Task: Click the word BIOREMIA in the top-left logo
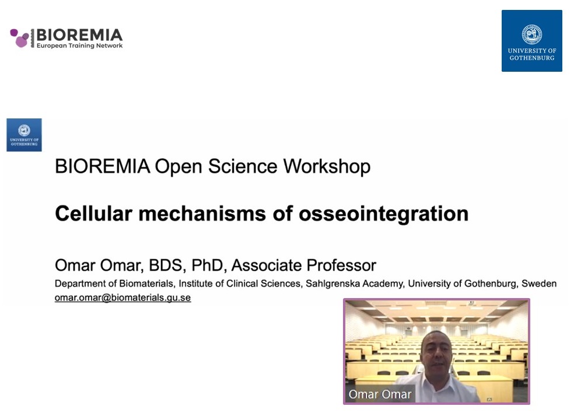(x=79, y=35)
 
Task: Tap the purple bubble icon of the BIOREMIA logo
(x=19, y=38)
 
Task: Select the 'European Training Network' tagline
(x=79, y=45)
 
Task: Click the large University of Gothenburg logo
(x=531, y=41)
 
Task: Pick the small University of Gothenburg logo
(x=24, y=135)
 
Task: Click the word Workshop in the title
(x=327, y=166)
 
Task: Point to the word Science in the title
(x=243, y=166)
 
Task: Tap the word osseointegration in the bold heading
(x=384, y=214)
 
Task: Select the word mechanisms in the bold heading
(x=202, y=213)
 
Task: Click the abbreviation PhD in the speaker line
(x=208, y=265)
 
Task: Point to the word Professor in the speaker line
(x=341, y=265)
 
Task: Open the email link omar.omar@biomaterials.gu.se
(x=123, y=297)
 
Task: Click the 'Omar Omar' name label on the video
(x=380, y=394)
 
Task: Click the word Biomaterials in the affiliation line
(x=146, y=283)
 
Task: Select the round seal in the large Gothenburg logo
(x=532, y=34)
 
